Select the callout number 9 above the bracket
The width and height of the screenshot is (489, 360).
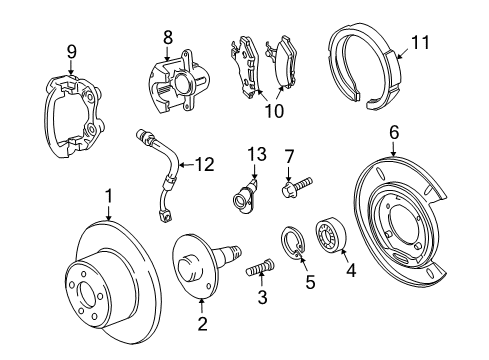[x=71, y=52]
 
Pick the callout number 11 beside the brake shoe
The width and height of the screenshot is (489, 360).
[x=420, y=44]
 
